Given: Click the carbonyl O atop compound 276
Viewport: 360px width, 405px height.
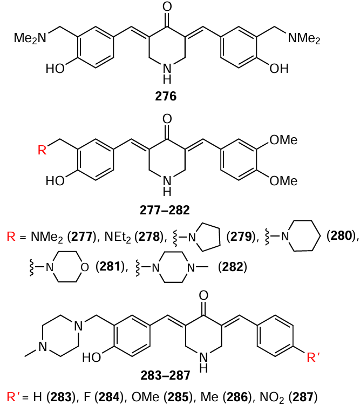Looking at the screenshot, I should pyautogui.click(x=167, y=8).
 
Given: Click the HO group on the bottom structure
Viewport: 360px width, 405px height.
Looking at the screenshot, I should pyautogui.click(x=92, y=359).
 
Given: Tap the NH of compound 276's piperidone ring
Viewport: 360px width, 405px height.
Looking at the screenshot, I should pyautogui.click(x=167, y=73).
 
